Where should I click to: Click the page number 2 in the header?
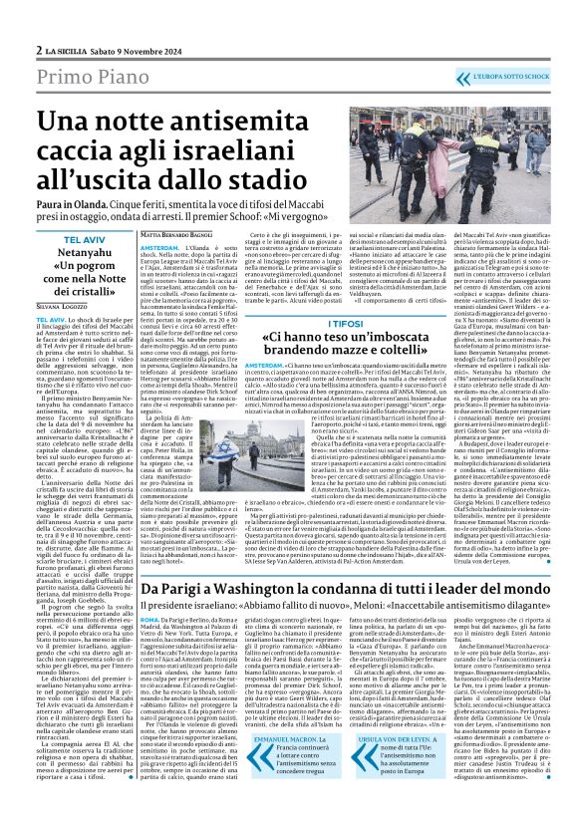(x=38, y=21)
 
